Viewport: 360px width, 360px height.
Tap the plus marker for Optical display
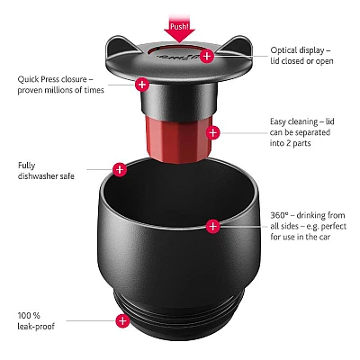point(207,56)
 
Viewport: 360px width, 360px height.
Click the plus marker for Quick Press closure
point(140,84)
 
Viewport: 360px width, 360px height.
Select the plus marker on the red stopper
point(212,133)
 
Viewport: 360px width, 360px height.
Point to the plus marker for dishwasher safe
point(120,168)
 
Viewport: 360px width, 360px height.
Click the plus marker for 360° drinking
point(212,226)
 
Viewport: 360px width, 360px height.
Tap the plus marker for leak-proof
point(121,320)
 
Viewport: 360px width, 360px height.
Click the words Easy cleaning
point(292,121)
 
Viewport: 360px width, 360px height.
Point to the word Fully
point(26,165)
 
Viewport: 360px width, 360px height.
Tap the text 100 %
point(29,315)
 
